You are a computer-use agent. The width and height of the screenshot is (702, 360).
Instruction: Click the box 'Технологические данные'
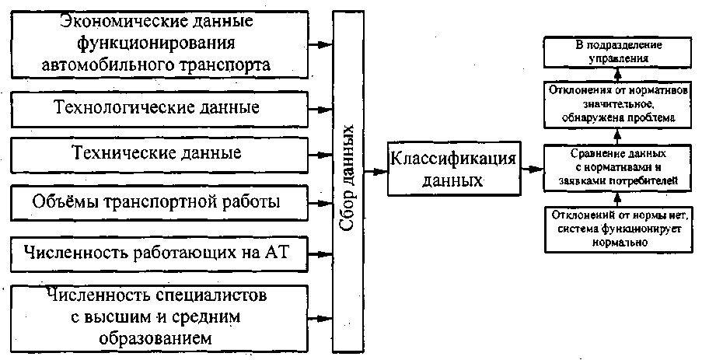pyautogui.click(x=156, y=107)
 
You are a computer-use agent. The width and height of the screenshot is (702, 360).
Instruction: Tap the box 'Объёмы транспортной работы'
pyautogui.click(x=156, y=202)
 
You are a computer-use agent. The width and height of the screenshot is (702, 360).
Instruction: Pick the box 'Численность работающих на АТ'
pyautogui.click(x=156, y=251)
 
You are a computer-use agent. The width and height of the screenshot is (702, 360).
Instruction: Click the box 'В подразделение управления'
pyautogui.click(x=617, y=52)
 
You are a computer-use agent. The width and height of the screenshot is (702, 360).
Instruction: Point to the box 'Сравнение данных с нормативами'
pyautogui.click(x=617, y=168)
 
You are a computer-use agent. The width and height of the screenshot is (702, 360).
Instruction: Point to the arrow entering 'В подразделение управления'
pyautogui.click(x=617, y=73)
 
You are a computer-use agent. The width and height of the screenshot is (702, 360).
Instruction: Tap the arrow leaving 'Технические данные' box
pyautogui.click(x=319, y=153)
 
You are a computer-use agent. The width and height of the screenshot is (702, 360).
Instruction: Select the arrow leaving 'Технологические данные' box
pyautogui.click(x=319, y=107)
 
